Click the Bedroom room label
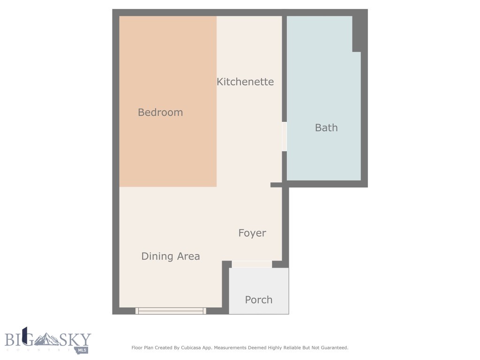[x=160, y=112]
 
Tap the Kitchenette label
[x=245, y=82]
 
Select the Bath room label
[x=326, y=127]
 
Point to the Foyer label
[x=252, y=233]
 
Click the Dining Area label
[x=171, y=256]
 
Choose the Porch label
[x=259, y=300]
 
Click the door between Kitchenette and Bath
[x=284, y=136]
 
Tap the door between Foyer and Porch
[x=252, y=264]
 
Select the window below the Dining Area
[x=171, y=310]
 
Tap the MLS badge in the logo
[x=83, y=350]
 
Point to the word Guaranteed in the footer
[x=334, y=348]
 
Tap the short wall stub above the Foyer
[x=277, y=185]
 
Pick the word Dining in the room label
[x=155, y=256]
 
